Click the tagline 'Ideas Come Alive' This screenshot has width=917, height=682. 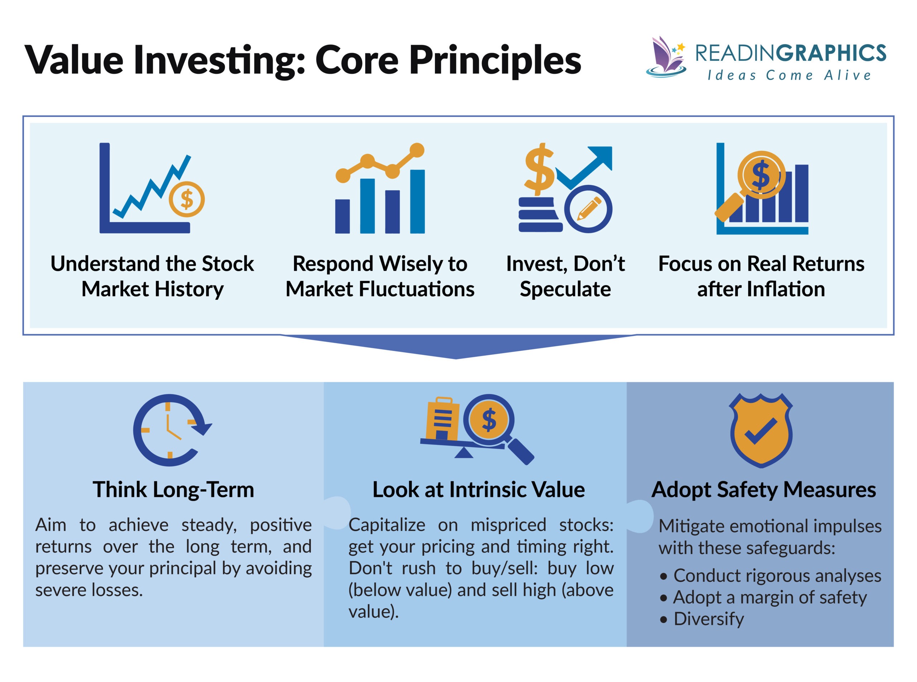[x=789, y=75]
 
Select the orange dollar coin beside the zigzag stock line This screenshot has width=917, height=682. [x=187, y=200]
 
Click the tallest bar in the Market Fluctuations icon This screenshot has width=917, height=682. [x=417, y=201]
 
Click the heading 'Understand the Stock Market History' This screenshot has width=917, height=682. [x=152, y=276]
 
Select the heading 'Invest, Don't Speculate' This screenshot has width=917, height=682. [x=565, y=276]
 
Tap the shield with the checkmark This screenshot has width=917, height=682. [x=761, y=430]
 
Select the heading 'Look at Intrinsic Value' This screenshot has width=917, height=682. [x=478, y=490]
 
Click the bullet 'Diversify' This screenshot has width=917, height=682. [x=708, y=619]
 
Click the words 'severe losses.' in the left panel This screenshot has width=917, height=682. [x=89, y=590]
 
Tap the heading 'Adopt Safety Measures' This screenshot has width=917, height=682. [x=763, y=490]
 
